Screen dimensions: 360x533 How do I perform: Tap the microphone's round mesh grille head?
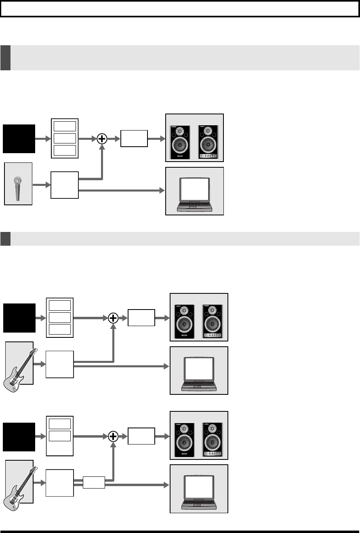tap(18, 181)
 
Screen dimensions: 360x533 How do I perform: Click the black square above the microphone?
tap(19, 139)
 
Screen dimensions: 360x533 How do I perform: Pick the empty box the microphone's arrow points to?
tap(65, 185)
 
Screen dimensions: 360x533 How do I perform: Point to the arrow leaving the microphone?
tap(41, 185)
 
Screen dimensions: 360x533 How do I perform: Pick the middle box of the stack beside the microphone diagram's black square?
tap(64, 138)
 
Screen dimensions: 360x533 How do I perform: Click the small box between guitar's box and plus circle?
tap(94, 482)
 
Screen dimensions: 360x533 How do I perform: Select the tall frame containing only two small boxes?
tap(60, 436)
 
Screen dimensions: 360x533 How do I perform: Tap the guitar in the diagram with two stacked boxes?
tap(18, 486)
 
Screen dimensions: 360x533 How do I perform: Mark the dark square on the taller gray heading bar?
tap(5, 58)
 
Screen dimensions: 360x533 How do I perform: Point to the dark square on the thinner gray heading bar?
tap(5, 239)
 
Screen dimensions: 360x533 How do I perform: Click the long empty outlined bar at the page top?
tap(180, 8)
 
